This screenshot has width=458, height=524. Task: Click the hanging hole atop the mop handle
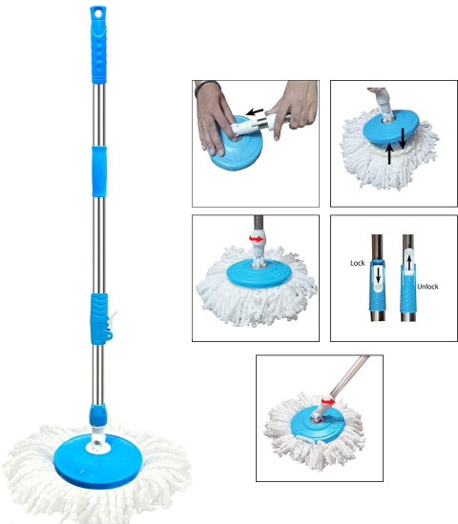(x=98, y=13)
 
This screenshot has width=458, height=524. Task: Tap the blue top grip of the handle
(x=98, y=45)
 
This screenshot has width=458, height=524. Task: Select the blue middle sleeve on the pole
(x=99, y=171)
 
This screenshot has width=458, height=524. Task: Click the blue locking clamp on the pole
(x=100, y=319)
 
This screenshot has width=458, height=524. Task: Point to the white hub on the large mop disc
(x=97, y=446)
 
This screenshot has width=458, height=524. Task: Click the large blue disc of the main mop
(x=98, y=461)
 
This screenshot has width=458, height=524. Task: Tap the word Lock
(x=357, y=263)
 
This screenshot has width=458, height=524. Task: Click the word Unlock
(x=427, y=287)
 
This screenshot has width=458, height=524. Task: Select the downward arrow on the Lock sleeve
(x=378, y=275)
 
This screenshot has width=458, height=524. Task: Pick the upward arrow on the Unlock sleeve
(x=408, y=263)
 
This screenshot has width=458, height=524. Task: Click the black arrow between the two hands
(x=255, y=112)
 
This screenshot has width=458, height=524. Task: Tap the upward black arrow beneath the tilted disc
(x=389, y=153)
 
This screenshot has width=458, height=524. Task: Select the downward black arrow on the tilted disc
(x=403, y=138)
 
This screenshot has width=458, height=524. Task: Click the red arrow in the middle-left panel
(x=256, y=238)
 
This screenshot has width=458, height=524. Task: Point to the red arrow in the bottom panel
(x=328, y=401)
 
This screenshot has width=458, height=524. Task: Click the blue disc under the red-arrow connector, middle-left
(x=259, y=273)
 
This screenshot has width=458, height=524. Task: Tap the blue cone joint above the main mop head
(x=97, y=415)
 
